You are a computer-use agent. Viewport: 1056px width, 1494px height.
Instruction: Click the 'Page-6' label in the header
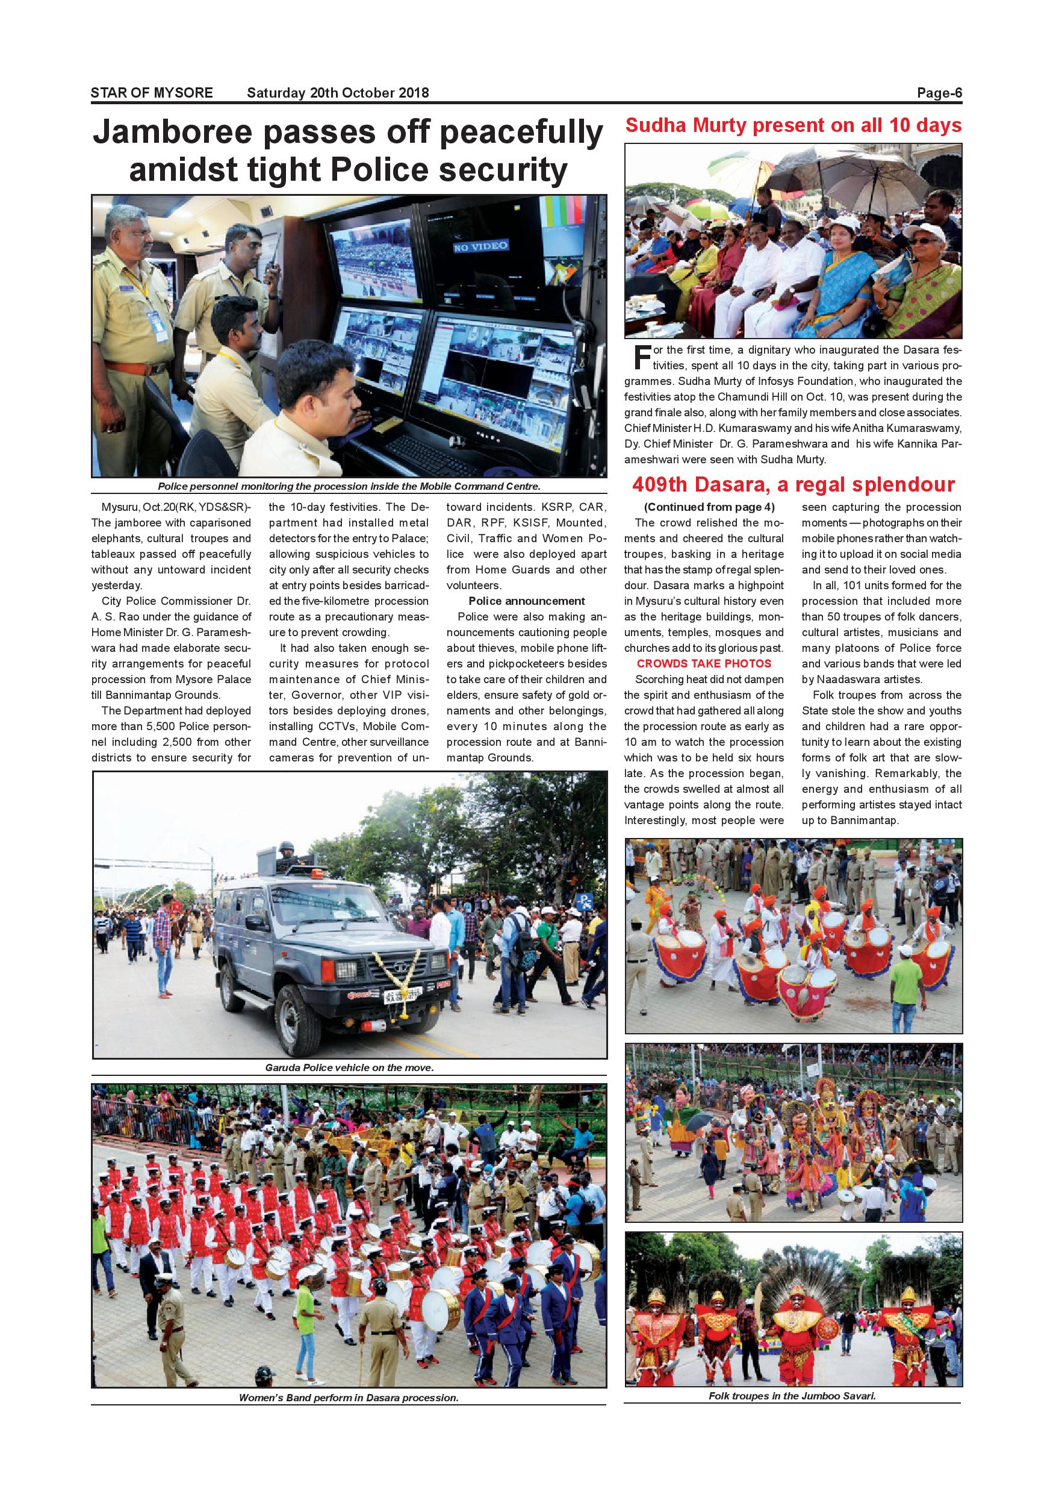coord(939,93)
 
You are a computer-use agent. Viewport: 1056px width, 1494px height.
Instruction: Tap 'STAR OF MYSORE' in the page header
coord(152,93)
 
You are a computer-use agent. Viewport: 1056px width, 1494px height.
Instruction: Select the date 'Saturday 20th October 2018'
coord(338,93)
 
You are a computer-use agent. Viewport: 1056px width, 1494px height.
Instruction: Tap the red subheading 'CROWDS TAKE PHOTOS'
coord(704,664)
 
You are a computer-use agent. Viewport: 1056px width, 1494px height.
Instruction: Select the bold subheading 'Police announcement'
coord(527,601)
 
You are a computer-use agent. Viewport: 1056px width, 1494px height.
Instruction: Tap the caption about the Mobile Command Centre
coord(349,487)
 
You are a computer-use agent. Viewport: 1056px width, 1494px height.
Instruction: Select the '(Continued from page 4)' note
coord(704,507)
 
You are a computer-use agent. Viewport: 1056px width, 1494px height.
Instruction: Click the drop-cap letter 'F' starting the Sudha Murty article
coord(642,356)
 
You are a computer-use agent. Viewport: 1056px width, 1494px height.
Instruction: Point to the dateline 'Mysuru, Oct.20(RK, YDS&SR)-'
coord(176,507)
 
